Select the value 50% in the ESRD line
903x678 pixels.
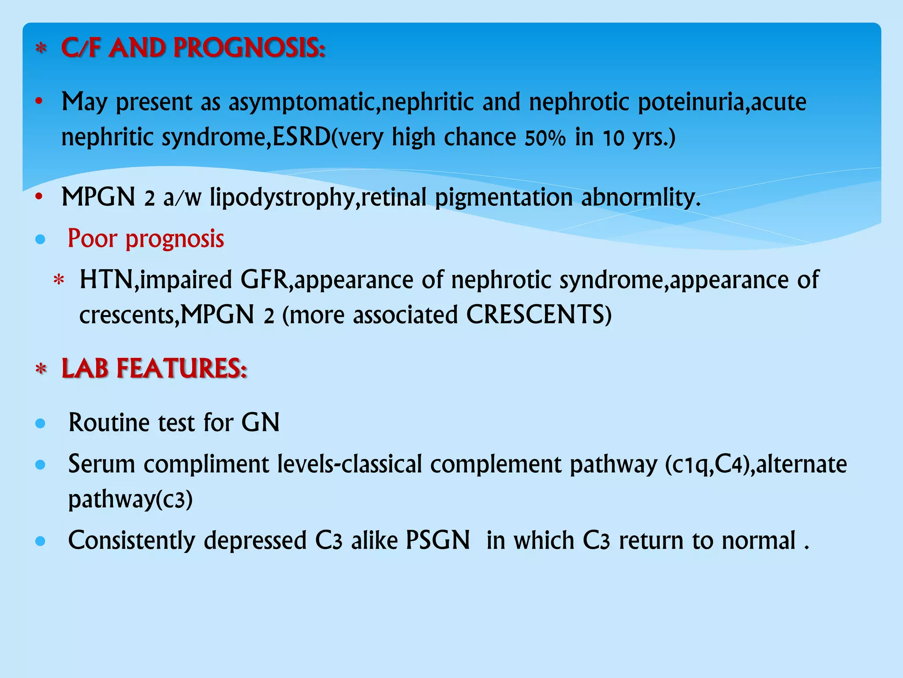coord(545,138)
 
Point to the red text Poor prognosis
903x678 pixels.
coord(146,239)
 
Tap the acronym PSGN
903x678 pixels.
coord(437,540)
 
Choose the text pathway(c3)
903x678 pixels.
coord(131,500)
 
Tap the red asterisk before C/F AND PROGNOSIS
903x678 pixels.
coord(41,49)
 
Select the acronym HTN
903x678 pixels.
coord(106,280)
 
